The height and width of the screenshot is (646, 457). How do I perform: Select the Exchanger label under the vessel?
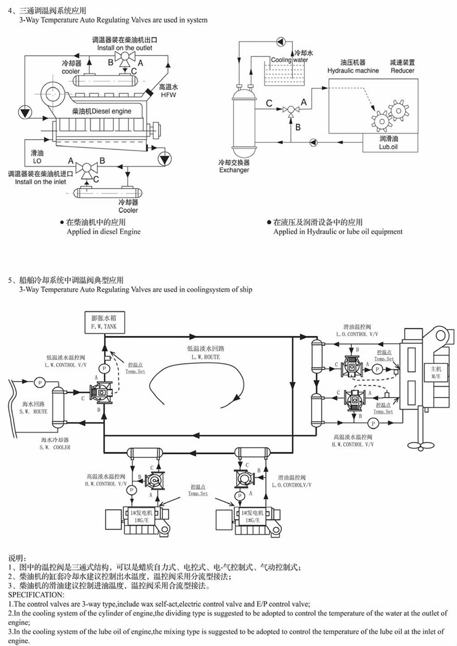tap(234, 170)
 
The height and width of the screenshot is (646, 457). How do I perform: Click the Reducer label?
tap(402, 70)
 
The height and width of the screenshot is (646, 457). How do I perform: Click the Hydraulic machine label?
tap(353, 70)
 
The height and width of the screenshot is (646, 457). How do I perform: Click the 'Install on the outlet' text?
tap(125, 48)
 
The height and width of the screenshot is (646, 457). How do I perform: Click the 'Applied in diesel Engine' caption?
tap(104, 231)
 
